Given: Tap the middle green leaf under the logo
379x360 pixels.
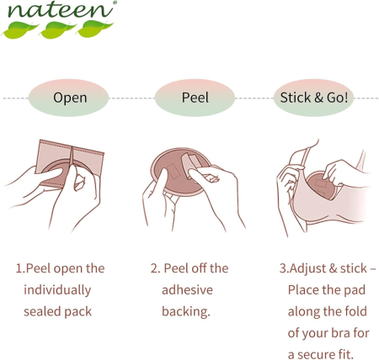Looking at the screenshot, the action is click(58, 29).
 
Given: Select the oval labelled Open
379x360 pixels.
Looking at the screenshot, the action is click(68, 98).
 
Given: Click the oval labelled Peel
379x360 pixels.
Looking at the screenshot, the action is click(195, 98).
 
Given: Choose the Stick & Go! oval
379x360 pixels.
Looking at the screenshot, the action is click(314, 98).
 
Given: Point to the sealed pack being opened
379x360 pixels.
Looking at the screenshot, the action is click(70, 164).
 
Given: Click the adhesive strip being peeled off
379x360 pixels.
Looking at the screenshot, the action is click(192, 165).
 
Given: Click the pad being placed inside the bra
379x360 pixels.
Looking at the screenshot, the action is click(321, 186).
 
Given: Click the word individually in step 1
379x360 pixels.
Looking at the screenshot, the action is click(57, 290).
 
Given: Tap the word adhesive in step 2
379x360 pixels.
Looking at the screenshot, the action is click(187, 290).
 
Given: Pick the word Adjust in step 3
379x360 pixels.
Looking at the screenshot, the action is click(307, 268).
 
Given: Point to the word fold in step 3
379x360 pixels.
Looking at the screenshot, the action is click(356, 311).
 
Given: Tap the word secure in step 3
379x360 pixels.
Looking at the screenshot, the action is click(313, 355).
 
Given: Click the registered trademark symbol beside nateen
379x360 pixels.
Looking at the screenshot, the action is click(115, 3).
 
